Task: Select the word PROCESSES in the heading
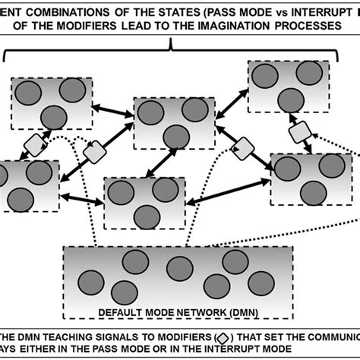[313, 27]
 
